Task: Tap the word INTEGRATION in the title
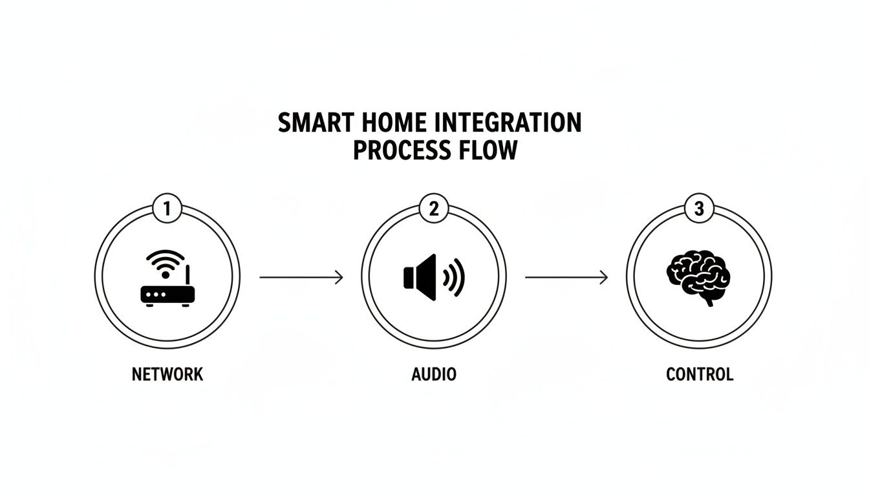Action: coord(506,123)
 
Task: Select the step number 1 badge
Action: coord(167,209)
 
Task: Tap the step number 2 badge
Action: coord(434,209)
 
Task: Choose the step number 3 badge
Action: coord(700,209)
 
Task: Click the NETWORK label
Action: coord(167,374)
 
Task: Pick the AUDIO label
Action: coord(434,374)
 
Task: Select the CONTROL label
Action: coord(700,374)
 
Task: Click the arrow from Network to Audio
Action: coord(301,278)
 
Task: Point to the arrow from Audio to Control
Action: coord(566,278)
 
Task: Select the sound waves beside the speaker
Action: coord(454,278)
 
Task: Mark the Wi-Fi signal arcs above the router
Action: coord(165,261)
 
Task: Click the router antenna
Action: coord(188,275)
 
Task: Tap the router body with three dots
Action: coord(167,294)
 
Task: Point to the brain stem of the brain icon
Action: coord(709,300)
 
